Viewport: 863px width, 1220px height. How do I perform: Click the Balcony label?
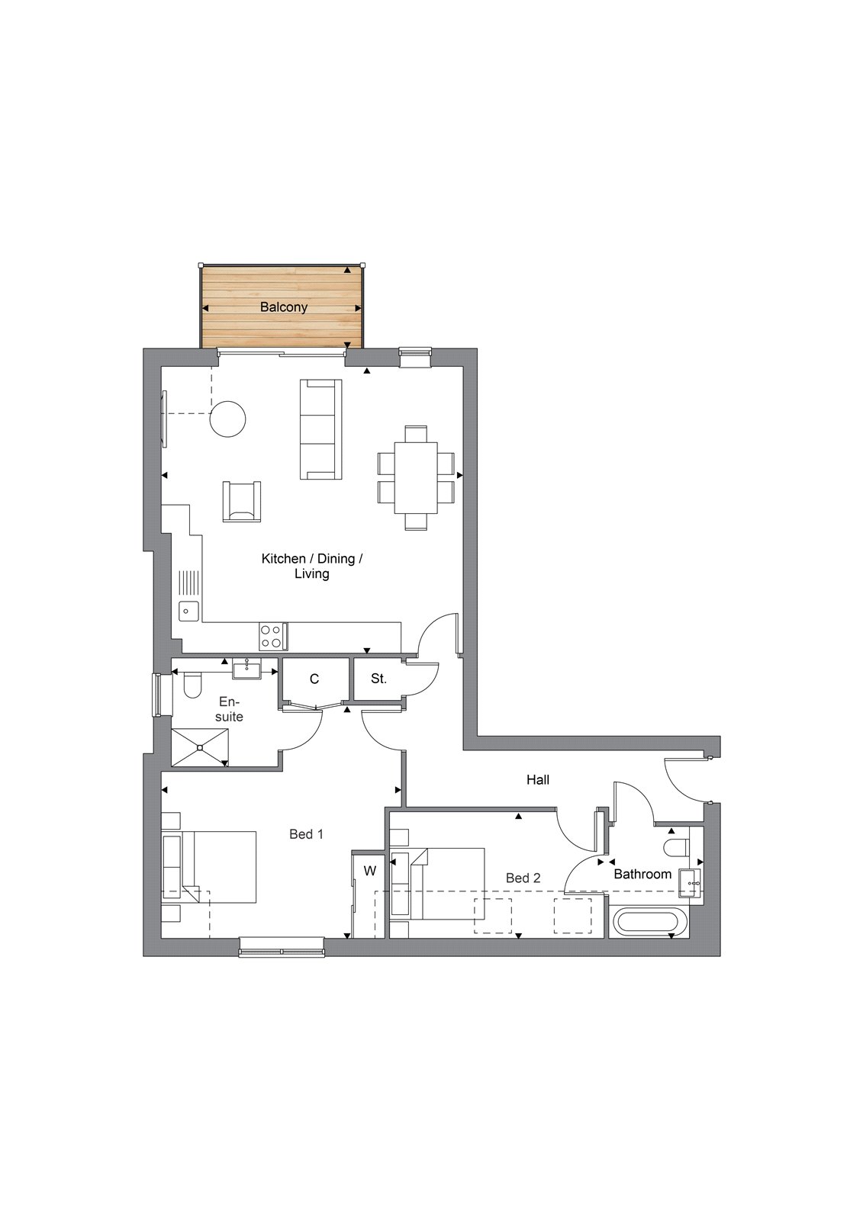point(284,307)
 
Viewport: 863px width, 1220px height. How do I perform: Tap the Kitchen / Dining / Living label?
point(312,566)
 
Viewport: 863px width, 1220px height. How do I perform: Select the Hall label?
point(537,780)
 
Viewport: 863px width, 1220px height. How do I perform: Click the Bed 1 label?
point(307,834)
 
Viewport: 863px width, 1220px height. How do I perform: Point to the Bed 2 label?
point(523,878)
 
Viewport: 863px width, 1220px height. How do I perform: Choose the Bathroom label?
point(642,874)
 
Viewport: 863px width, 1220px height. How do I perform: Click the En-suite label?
point(229,709)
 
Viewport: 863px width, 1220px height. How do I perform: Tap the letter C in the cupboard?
point(314,679)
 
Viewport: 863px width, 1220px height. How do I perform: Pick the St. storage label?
point(379,679)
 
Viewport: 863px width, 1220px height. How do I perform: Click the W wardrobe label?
point(369,871)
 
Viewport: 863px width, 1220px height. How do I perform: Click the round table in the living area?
point(228,419)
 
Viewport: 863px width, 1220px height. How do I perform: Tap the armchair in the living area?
point(242,501)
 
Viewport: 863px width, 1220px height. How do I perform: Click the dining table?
point(416,477)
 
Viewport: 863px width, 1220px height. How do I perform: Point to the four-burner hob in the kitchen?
point(273,637)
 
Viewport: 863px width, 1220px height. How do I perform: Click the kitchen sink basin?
point(189,611)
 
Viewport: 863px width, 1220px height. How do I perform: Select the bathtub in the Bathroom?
point(646,922)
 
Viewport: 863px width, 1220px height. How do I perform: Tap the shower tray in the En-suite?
point(200,747)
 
